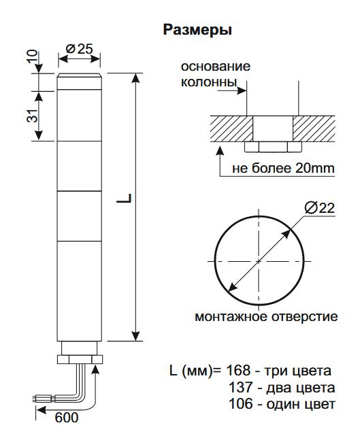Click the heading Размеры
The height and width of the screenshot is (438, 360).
click(x=197, y=31)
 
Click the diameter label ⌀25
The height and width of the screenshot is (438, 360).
click(x=80, y=49)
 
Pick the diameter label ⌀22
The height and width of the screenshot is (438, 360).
click(x=319, y=208)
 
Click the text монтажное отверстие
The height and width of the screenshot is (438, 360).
click(x=266, y=317)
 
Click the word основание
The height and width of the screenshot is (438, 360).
click(x=216, y=67)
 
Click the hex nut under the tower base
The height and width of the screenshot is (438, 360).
click(x=80, y=358)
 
